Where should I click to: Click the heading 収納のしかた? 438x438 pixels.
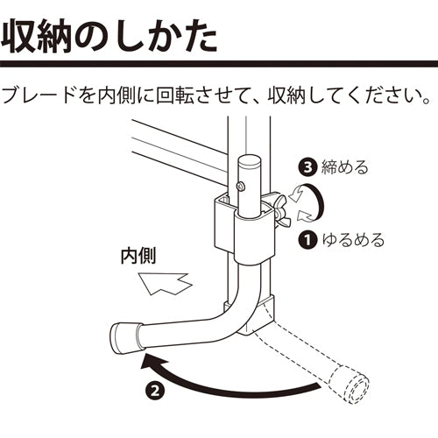(109, 38)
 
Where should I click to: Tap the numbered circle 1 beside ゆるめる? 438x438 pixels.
(307, 240)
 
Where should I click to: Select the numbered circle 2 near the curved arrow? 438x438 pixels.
(155, 390)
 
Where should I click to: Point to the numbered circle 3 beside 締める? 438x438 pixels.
(307, 167)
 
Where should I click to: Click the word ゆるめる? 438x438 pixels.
(353, 240)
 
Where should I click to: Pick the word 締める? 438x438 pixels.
(344, 167)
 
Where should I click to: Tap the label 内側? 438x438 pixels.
(138, 256)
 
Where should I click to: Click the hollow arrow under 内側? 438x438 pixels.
(166, 284)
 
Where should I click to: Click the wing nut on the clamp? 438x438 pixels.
(282, 208)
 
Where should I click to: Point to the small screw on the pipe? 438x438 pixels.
(240, 187)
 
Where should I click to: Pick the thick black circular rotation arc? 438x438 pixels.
(317, 201)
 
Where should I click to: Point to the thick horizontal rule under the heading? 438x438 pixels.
(219, 64)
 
